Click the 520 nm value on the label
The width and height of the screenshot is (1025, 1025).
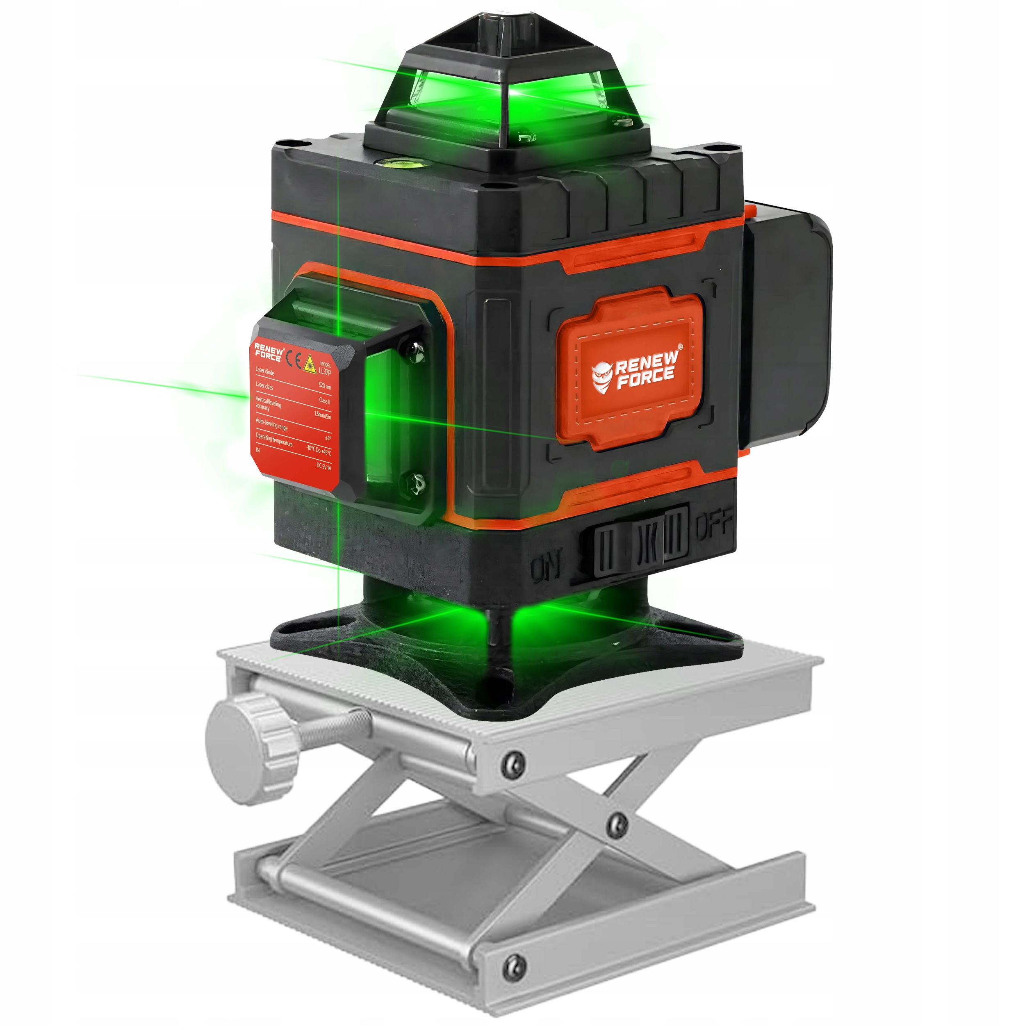point(325,386)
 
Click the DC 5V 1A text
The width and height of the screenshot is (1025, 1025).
point(323,467)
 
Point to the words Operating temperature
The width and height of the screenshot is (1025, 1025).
point(274,439)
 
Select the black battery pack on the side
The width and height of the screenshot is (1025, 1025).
point(788,318)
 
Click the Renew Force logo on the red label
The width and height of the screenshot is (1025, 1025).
point(268,352)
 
